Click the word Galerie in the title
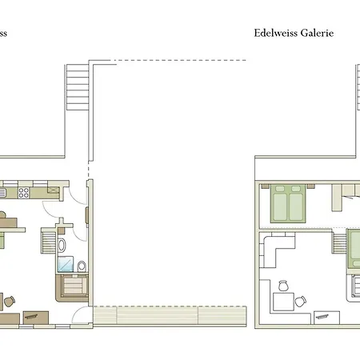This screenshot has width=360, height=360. click(x=316, y=34)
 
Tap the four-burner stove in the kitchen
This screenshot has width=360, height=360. click(x=25, y=192)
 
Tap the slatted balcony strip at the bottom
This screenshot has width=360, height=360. click(x=168, y=314)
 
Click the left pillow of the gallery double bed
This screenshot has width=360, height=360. click(x=279, y=191)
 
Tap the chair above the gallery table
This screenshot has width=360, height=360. click(x=282, y=285)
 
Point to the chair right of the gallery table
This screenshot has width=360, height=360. click(x=301, y=302)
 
